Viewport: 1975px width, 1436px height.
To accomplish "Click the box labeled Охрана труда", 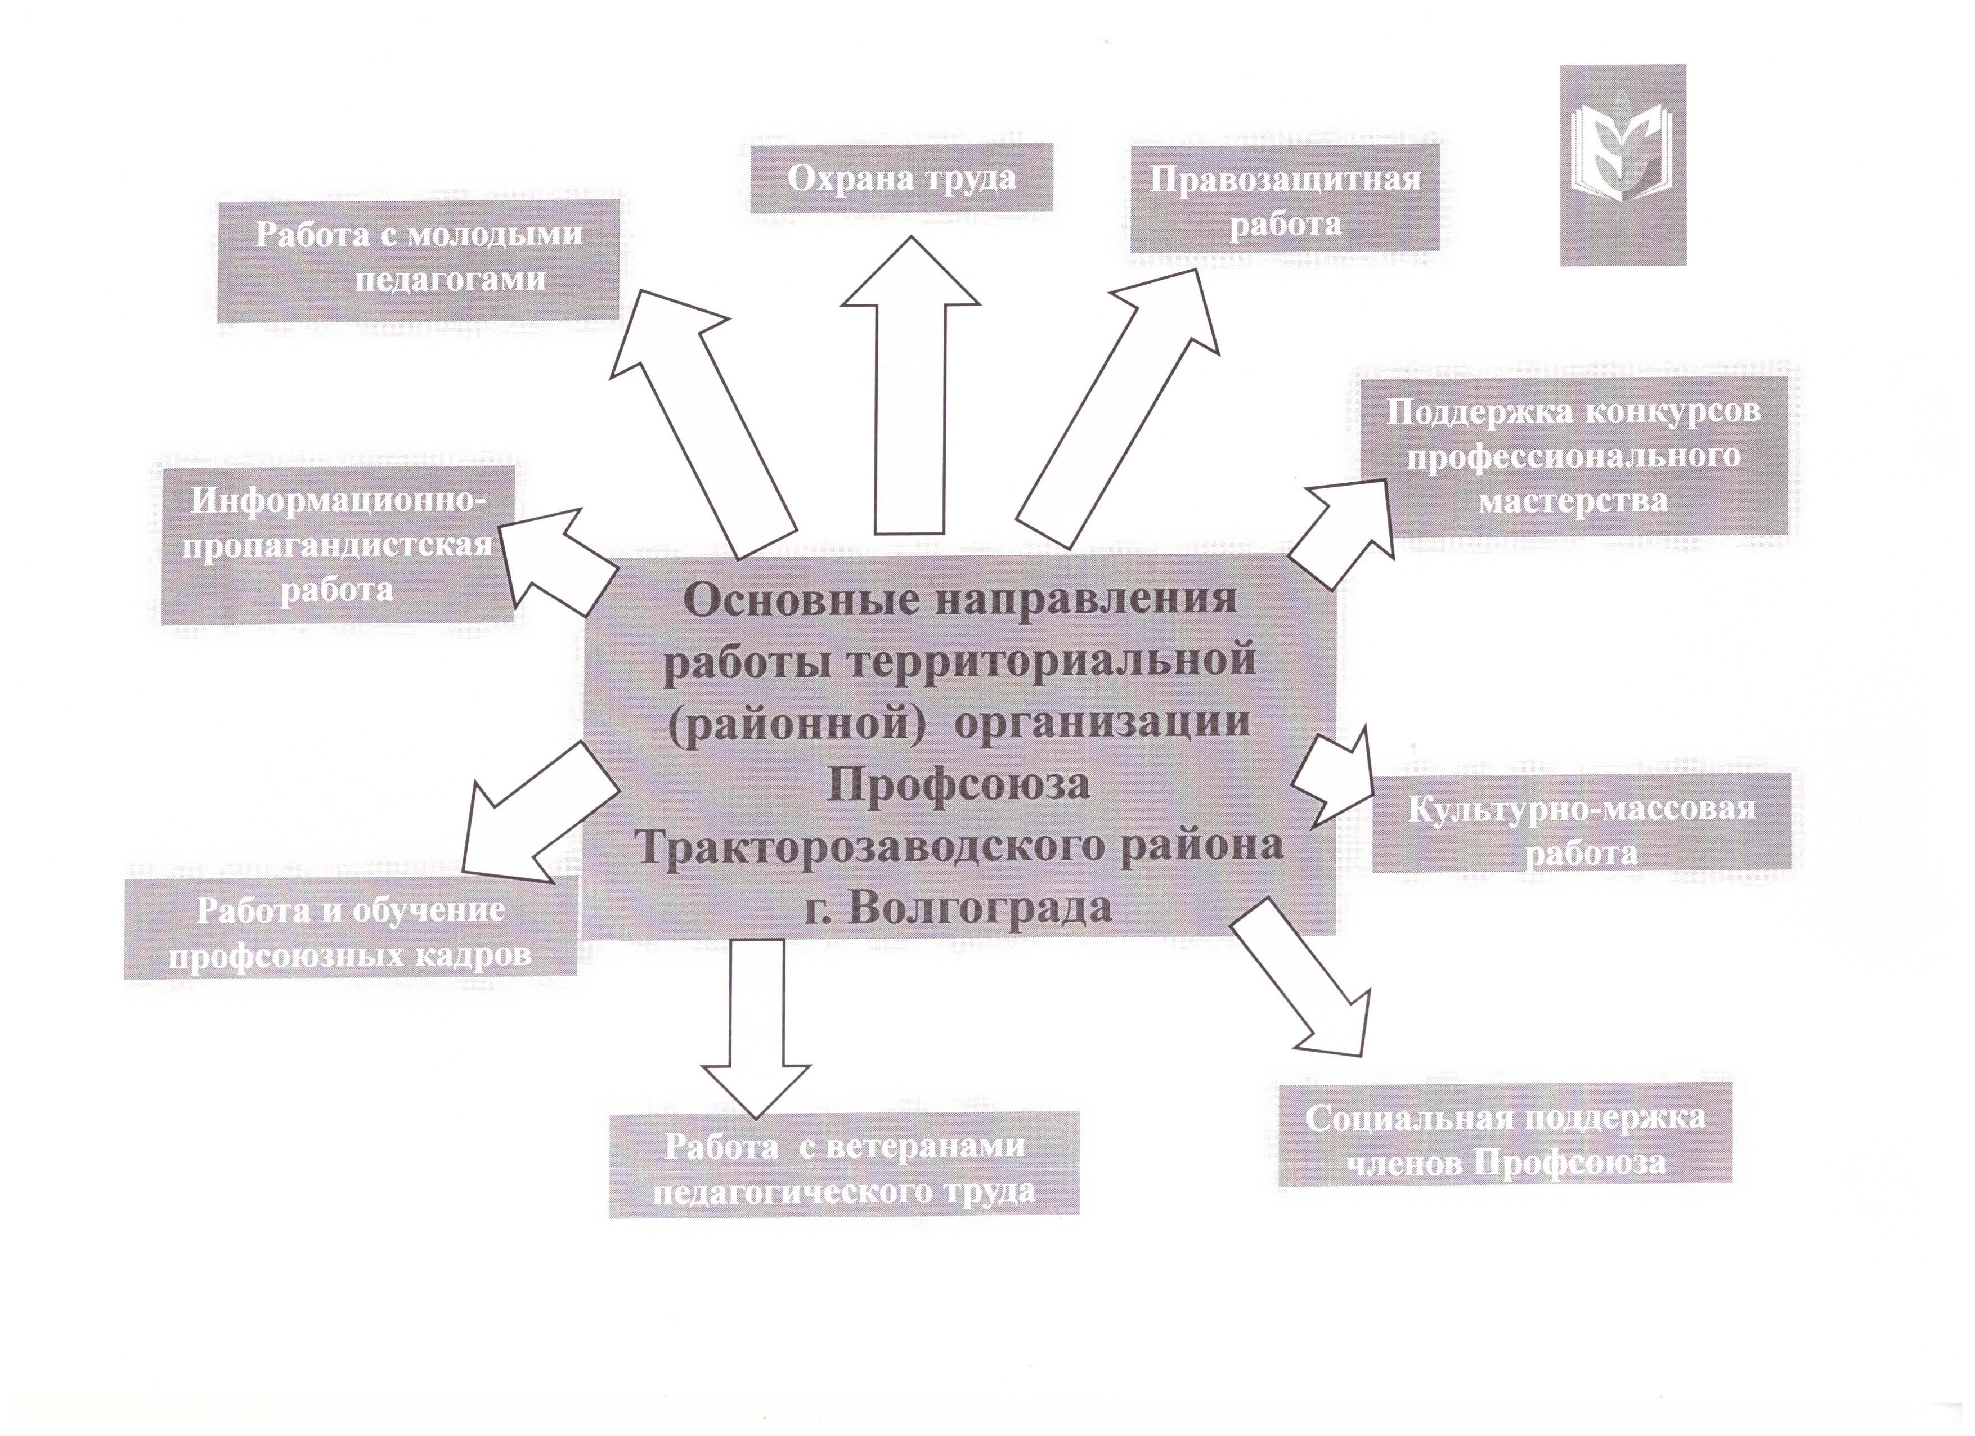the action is (901, 178).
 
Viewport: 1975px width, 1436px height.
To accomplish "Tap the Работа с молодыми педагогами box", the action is (418, 261).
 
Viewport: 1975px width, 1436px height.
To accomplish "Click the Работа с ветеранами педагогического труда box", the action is (844, 1164).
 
